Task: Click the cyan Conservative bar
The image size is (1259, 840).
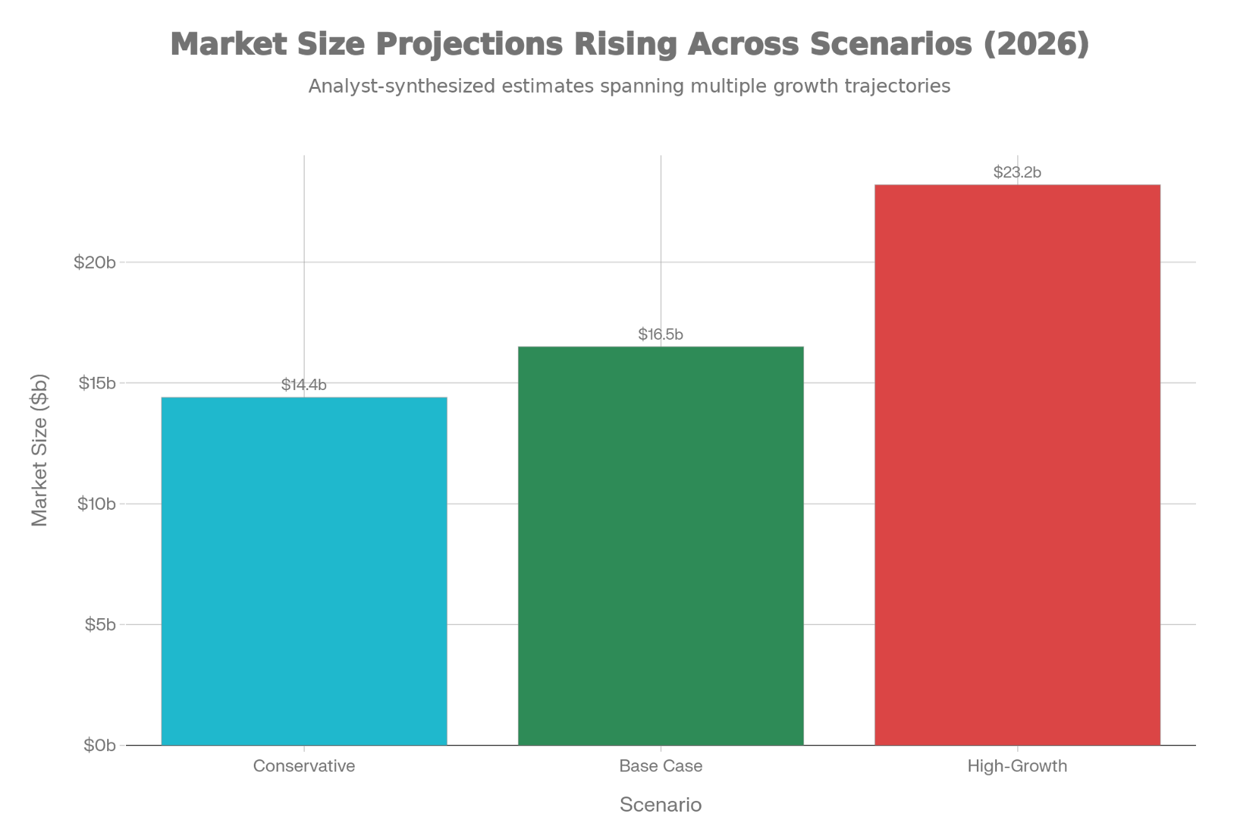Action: point(304,570)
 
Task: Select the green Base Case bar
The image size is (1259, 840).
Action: point(661,545)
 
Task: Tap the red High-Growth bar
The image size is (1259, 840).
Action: point(1017,464)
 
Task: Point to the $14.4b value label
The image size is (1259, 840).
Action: point(304,385)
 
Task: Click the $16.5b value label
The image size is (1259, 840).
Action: point(661,335)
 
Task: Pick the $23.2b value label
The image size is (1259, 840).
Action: point(1017,173)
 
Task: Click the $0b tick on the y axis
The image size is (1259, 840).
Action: point(100,745)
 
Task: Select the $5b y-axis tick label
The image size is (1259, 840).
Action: point(100,624)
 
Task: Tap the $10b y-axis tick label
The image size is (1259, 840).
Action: point(97,503)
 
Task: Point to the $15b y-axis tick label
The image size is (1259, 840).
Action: point(97,383)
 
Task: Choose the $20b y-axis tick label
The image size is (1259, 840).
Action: point(95,262)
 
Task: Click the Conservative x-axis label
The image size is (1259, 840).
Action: point(304,766)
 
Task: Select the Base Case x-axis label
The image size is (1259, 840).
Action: point(661,766)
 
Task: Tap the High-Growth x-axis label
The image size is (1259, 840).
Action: point(1017,766)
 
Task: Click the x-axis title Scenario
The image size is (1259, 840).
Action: point(661,805)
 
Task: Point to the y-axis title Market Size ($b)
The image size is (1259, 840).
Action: point(40,450)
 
